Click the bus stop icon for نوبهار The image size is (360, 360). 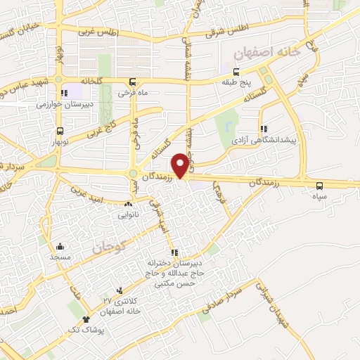pyautogui.click(x=60, y=131)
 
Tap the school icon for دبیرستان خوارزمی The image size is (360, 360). pyautogui.click(x=65, y=92)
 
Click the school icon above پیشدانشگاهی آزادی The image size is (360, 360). pyautogui.click(x=264, y=129)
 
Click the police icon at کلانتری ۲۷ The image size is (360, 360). pyautogui.click(x=120, y=290)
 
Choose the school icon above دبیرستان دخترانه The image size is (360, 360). pyautogui.click(x=173, y=253)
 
